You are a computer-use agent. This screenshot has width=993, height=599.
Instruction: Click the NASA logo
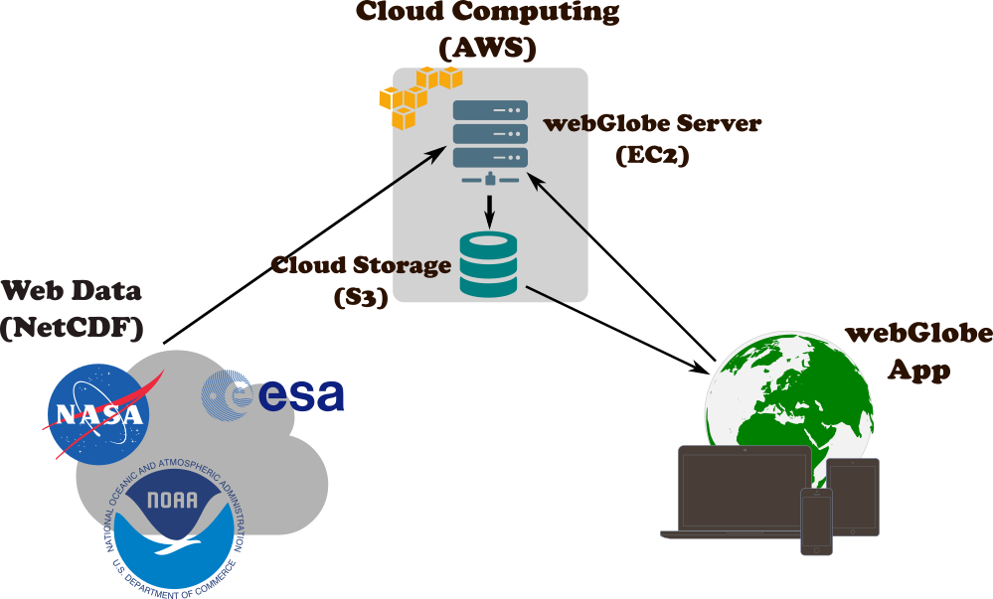pos(98,413)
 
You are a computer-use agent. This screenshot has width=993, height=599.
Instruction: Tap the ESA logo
pos(273,394)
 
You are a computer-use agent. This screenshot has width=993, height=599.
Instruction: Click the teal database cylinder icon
pos(488,263)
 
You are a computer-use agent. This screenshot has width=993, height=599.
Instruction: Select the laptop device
pos(744,492)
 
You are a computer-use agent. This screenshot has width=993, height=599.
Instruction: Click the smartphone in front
pos(816,521)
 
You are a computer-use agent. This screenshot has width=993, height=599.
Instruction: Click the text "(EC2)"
pos(652,155)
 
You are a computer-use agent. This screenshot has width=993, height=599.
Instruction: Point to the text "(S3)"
pos(361,295)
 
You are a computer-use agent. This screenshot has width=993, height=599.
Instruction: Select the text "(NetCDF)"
pos(73,327)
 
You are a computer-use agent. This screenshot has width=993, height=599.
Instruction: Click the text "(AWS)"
pos(487,46)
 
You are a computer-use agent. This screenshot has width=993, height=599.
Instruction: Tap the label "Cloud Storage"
pos(361,265)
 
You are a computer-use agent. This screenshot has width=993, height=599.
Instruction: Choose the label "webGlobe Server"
pos(652,124)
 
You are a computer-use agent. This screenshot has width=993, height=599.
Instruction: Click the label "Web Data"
pos(72,291)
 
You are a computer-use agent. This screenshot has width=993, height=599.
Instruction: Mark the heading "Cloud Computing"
pos(487,12)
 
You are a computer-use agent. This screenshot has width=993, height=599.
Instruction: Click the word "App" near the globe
pos(918,372)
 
